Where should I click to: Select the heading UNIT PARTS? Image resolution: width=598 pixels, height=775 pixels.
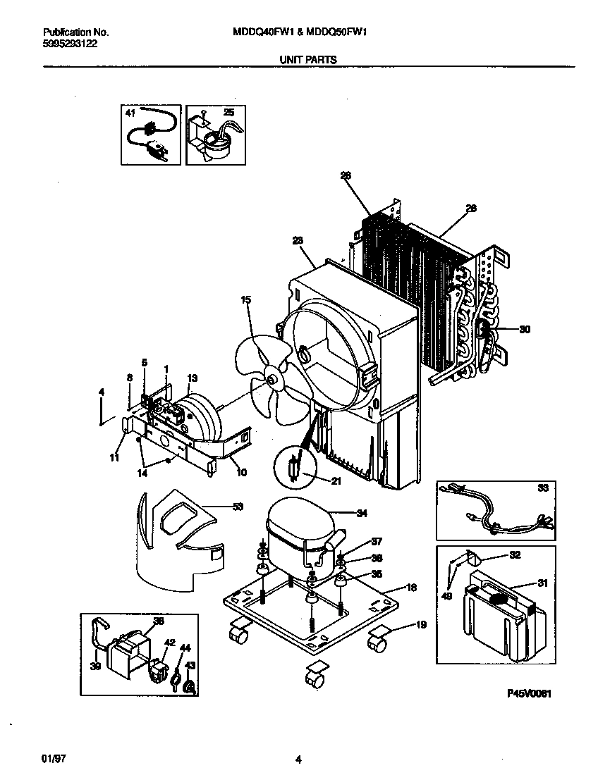[x=298, y=60]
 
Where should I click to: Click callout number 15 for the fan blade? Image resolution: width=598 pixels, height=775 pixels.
[x=246, y=300]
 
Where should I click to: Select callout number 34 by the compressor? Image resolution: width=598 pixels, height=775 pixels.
[x=362, y=513]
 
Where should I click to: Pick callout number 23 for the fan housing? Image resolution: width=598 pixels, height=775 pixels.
[x=298, y=241]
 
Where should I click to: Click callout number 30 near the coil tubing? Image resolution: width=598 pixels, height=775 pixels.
[x=524, y=328]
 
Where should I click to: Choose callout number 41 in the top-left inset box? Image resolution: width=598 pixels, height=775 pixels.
[x=130, y=113]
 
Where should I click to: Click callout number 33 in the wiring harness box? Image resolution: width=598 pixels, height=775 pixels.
[x=542, y=487]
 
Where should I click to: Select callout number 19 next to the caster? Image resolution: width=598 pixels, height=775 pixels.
[x=421, y=624]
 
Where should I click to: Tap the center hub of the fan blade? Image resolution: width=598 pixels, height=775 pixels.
[x=271, y=380]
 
